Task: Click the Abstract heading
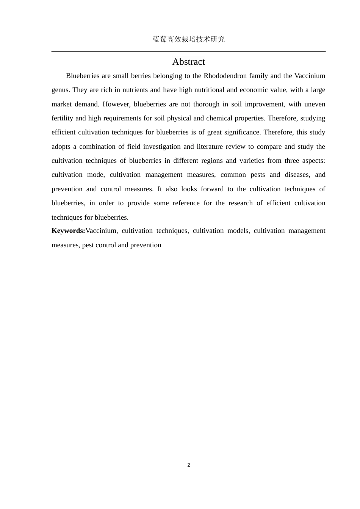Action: coord(188,62)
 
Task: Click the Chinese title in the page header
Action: coord(188,39)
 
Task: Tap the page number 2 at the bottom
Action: coord(189,465)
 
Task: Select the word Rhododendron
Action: coord(223,76)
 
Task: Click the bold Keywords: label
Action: coord(69,231)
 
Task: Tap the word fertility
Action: coord(63,118)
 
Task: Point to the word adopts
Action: coord(61,147)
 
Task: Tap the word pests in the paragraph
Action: coord(258,175)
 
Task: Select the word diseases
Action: coord(297,175)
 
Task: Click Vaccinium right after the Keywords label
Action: coord(101,231)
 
